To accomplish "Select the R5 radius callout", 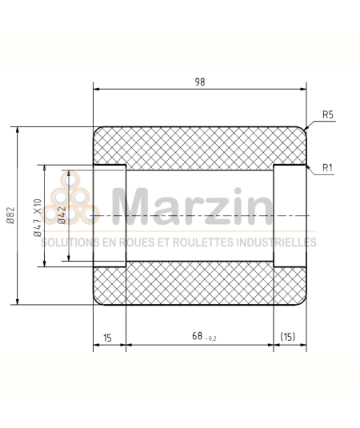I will click(x=327, y=115).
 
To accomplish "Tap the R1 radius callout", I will click(x=326, y=167).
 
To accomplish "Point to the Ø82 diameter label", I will click(x=10, y=216).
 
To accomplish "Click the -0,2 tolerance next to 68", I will click(x=210, y=340).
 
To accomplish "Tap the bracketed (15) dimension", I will click(x=290, y=338).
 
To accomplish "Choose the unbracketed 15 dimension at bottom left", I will click(x=108, y=338).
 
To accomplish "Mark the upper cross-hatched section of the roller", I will click(x=200, y=146).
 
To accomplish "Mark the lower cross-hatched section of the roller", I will click(x=200, y=284).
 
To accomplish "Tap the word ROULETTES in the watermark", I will click(x=195, y=242).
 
